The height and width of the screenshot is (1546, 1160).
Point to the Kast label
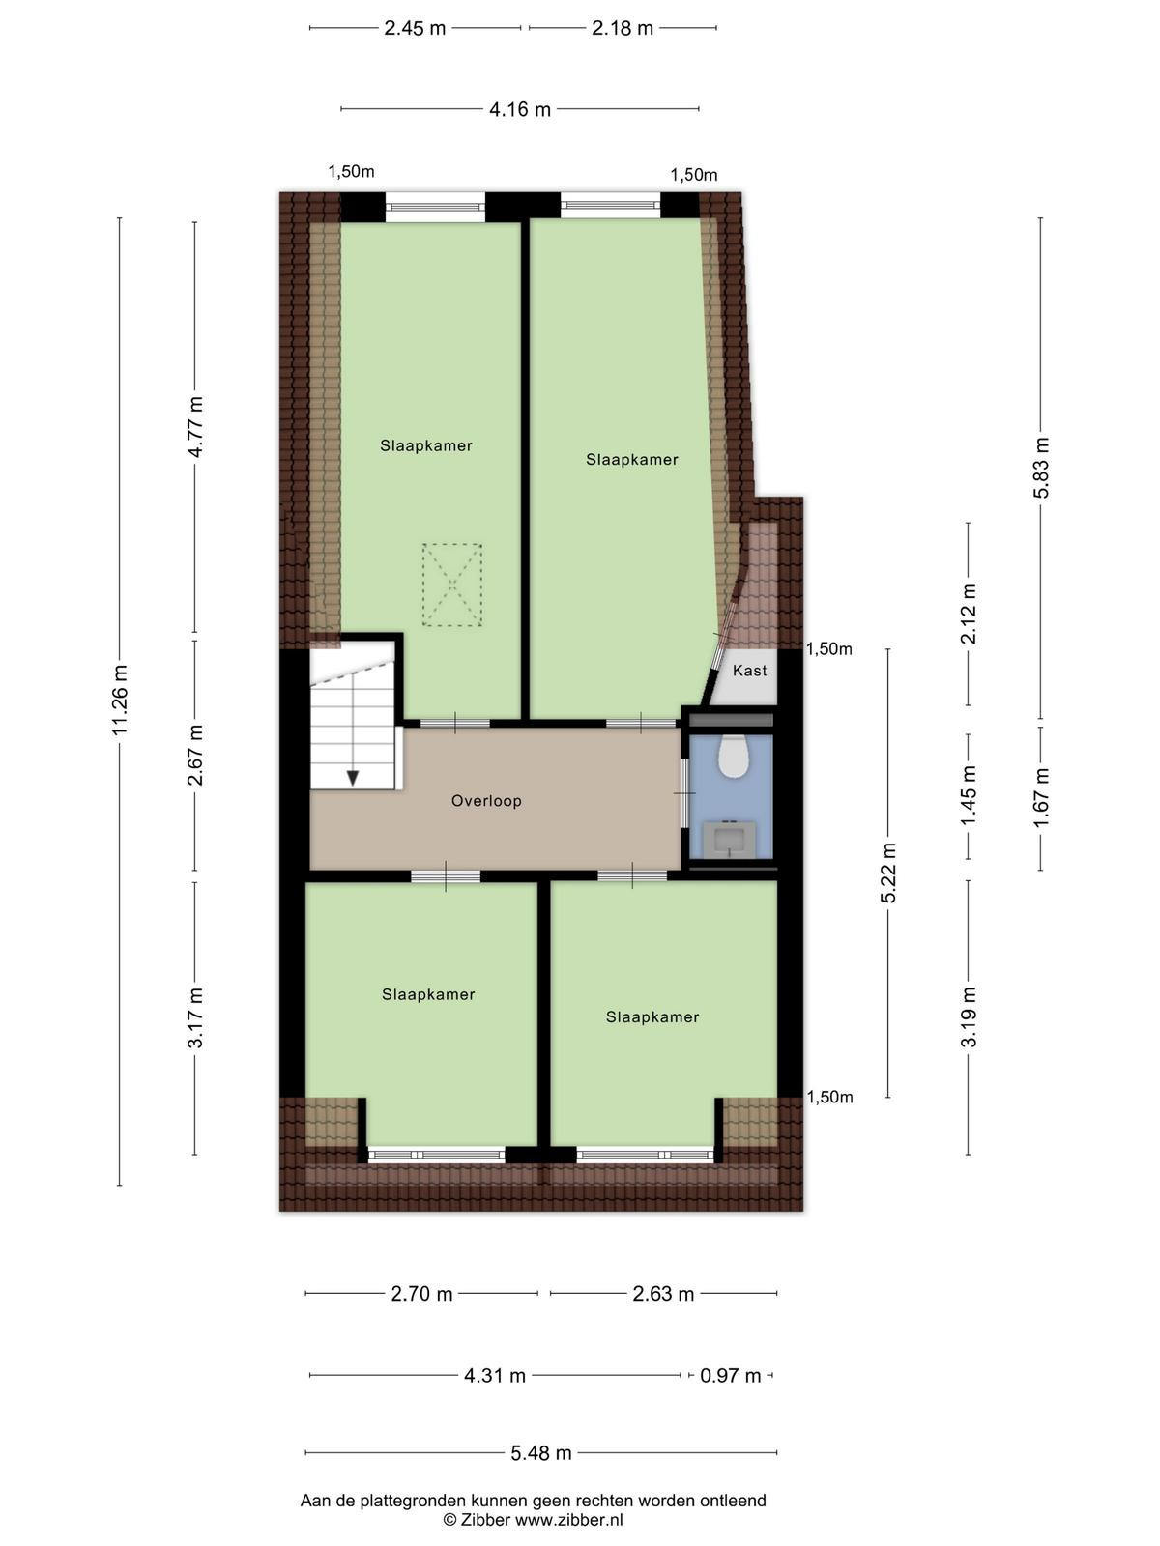pyautogui.click(x=749, y=671)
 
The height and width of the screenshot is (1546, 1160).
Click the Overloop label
pyautogui.click(x=486, y=801)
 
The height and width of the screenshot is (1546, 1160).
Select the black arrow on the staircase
pyautogui.click(x=353, y=778)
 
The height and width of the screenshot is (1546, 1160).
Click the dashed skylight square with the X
pyautogui.click(x=452, y=586)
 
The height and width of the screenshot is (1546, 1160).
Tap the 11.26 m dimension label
pyautogui.click(x=119, y=701)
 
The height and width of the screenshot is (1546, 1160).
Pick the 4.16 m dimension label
pyautogui.click(x=520, y=110)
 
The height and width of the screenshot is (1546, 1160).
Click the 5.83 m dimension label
pyautogui.click(x=1041, y=468)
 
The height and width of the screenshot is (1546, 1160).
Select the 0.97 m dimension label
pyautogui.click(x=731, y=1376)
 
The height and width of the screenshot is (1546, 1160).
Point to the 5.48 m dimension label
pyautogui.click(x=541, y=1452)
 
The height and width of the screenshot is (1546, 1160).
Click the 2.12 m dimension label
pyautogui.click(x=970, y=613)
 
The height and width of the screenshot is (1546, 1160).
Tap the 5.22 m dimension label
pyautogui.click(x=888, y=872)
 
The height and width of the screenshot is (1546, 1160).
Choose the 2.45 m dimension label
pyautogui.click(x=415, y=28)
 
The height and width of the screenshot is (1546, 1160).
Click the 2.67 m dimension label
pyautogui.click(x=195, y=755)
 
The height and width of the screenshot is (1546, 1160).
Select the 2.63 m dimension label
pyautogui.click(x=663, y=1294)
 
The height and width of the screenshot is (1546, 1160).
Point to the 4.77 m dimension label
pyautogui.click(x=195, y=426)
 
